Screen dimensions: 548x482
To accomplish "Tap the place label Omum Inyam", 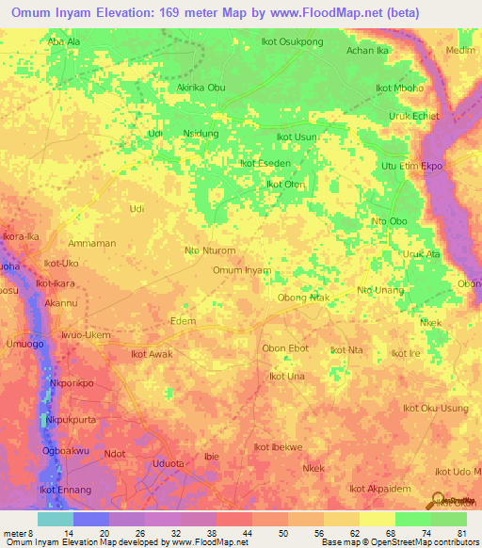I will click(x=242, y=270).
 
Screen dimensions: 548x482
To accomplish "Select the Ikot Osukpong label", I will click(x=291, y=42).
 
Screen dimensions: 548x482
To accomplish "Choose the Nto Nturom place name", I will click(x=210, y=250).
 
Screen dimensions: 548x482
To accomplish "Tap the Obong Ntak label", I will click(x=303, y=298).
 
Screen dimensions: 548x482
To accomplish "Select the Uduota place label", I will click(x=169, y=463).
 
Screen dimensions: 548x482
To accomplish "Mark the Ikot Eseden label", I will click(x=265, y=163).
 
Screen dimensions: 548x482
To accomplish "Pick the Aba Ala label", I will click(x=64, y=42).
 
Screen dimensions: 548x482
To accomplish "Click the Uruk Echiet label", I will click(x=414, y=116).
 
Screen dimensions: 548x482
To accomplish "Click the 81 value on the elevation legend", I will click(x=460, y=533).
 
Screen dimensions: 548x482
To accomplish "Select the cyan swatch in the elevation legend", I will click(x=56, y=519).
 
